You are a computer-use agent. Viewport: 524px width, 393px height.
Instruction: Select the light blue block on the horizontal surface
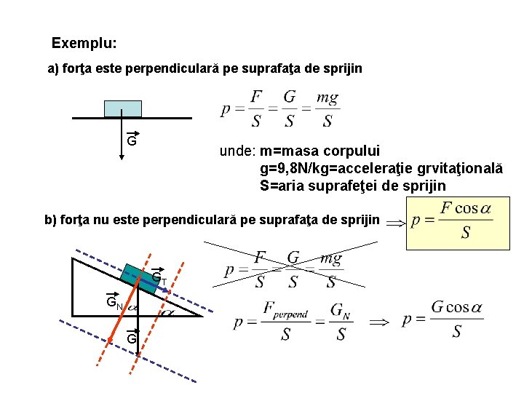point(122,108)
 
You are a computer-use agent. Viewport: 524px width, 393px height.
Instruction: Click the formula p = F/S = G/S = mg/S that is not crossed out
point(279,109)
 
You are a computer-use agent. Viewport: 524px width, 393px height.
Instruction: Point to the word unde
point(236,151)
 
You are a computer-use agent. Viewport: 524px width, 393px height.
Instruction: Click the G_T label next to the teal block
point(159,278)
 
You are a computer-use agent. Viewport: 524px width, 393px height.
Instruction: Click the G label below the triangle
point(132,338)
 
